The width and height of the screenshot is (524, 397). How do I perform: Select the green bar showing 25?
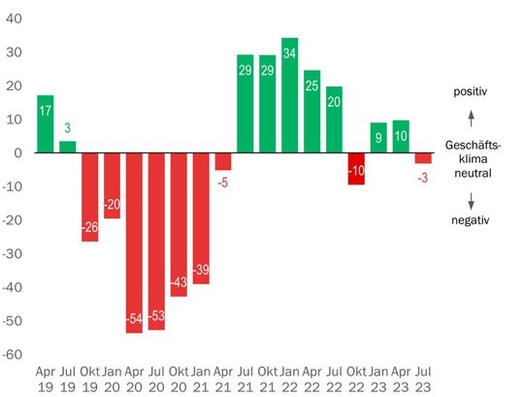[x=311, y=112]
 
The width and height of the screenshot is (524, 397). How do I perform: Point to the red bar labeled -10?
[x=356, y=169]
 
